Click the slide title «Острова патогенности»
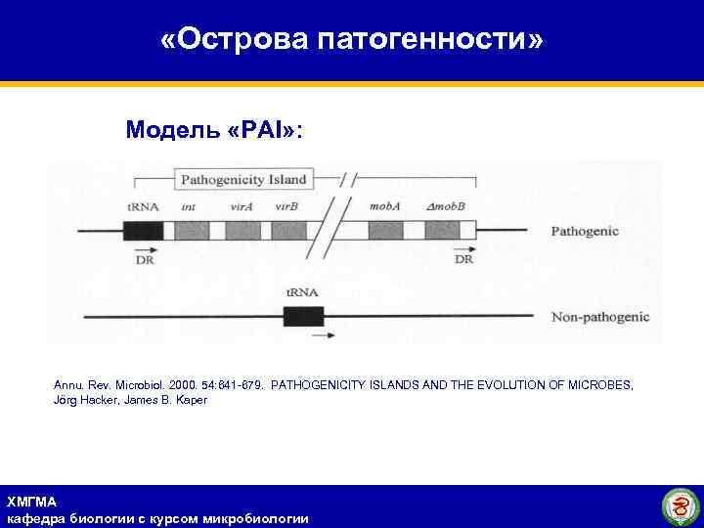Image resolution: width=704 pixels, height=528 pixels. (x=351, y=40)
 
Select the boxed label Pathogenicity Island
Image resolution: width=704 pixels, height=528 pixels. (x=243, y=179)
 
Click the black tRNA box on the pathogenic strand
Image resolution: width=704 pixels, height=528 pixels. (x=143, y=231)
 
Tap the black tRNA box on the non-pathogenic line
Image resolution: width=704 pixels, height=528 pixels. (x=303, y=317)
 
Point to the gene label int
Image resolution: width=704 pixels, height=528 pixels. (x=188, y=207)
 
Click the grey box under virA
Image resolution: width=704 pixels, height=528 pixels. (x=242, y=231)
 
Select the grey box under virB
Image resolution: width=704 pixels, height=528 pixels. (x=286, y=231)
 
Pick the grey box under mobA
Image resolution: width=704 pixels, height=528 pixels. (x=385, y=231)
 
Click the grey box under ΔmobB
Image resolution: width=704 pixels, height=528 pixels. (x=442, y=231)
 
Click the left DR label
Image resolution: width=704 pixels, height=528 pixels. (x=143, y=260)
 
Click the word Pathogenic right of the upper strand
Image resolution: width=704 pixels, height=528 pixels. (x=585, y=232)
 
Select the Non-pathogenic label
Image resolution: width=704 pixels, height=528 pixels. (x=599, y=318)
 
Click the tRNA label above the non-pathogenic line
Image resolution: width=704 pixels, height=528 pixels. (x=301, y=292)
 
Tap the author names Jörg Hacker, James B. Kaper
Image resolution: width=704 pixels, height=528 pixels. (x=130, y=401)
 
